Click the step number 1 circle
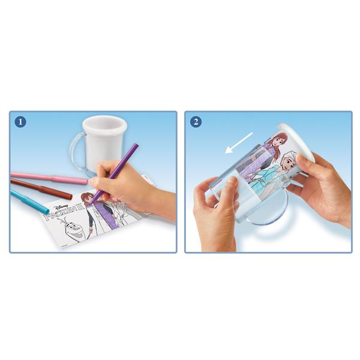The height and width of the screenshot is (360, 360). [x=20, y=122]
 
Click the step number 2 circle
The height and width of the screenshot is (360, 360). [x=196, y=122]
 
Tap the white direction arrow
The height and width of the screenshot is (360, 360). [x=239, y=143]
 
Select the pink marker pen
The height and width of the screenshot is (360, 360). [x=49, y=178]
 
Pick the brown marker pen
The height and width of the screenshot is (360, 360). [x=41, y=189]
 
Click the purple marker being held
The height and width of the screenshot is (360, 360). [x=115, y=175]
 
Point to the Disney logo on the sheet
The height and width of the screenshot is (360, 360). [x=61, y=208]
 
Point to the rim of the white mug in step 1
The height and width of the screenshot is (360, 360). [x=105, y=124]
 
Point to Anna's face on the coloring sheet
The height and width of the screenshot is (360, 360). [x=86, y=199]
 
